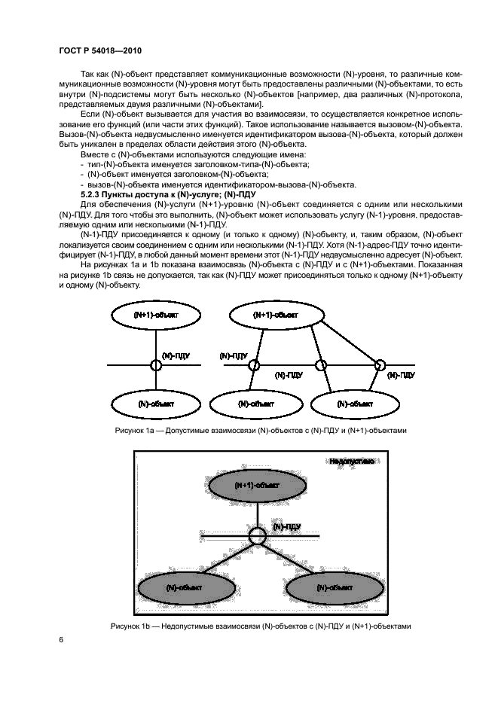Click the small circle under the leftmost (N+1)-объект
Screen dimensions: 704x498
click(156, 365)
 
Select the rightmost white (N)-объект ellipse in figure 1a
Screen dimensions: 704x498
click(354, 404)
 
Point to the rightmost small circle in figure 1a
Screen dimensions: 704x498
click(380, 366)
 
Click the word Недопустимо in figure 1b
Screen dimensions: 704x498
click(351, 461)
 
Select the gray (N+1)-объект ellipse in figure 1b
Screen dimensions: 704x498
click(257, 486)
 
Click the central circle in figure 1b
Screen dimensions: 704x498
click(258, 535)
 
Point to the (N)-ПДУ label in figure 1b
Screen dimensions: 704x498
click(287, 526)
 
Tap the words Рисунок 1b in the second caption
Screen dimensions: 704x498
click(131, 626)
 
